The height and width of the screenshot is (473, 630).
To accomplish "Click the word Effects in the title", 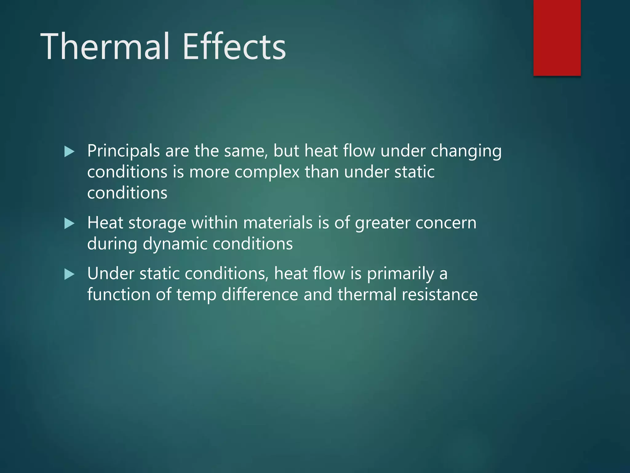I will point(234,47).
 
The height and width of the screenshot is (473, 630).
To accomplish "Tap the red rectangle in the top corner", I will point(557,38).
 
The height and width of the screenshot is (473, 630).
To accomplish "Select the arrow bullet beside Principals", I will point(70,152).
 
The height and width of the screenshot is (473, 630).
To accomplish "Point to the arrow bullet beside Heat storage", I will point(70,224).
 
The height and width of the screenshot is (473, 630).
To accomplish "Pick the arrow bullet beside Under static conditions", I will point(70,274).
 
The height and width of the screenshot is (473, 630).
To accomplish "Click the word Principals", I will point(123,152).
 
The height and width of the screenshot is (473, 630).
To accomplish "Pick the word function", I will point(119,294).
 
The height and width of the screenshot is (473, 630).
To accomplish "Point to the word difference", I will point(260,294).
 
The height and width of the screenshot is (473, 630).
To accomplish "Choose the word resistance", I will point(440,294).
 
